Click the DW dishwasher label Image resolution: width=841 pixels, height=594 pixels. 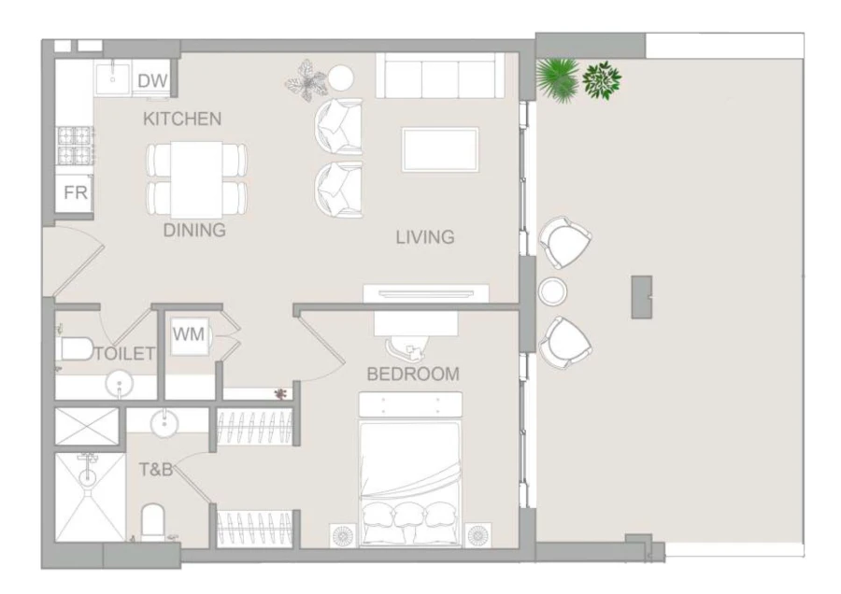coord(151,82)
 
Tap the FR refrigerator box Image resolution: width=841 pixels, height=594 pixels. coord(75,193)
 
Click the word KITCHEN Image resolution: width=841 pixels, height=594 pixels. coord(181,119)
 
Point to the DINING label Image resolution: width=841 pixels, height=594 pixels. coord(194,231)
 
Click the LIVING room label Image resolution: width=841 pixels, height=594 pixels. coord(424,237)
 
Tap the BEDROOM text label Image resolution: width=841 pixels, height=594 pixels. coord(412,375)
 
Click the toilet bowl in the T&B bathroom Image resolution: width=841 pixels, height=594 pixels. coord(151,519)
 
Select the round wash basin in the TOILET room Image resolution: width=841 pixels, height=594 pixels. coord(118,383)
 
